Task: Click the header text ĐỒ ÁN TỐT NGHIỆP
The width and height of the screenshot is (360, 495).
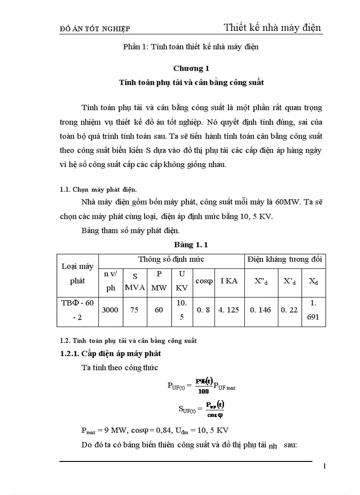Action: tap(94, 29)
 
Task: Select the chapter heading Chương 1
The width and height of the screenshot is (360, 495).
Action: tap(191, 68)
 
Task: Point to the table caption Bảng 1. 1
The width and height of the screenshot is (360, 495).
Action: tap(191, 244)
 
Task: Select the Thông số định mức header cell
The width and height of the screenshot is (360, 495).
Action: tap(171, 259)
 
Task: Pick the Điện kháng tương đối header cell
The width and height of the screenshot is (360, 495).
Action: tap(285, 259)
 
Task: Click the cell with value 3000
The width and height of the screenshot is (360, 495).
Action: tap(110, 310)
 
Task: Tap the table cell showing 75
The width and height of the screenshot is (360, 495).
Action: tap(134, 310)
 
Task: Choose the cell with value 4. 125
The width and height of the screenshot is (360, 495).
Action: tap(229, 310)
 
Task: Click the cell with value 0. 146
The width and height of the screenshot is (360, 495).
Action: tap(260, 310)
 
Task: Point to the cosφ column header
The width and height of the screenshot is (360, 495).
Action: tap(204, 281)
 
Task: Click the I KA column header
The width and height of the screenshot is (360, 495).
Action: tap(229, 281)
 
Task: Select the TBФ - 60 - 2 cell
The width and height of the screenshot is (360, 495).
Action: tap(78, 310)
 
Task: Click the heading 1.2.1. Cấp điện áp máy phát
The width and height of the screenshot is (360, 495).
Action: tap(111, 354)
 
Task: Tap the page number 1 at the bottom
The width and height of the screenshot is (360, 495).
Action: tap(324, 466)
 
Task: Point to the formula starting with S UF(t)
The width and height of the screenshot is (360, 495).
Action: tap(201, 409)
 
